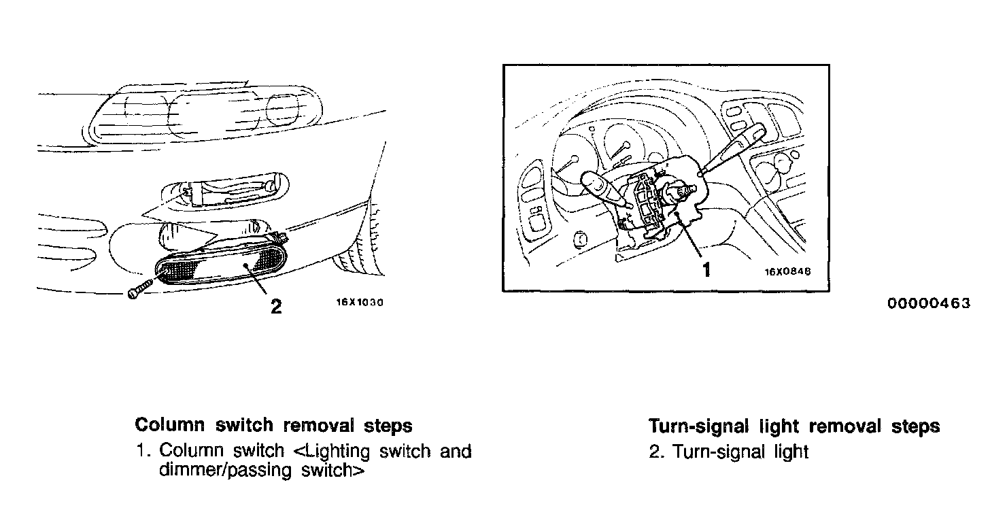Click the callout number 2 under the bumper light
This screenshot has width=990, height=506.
click(x=275, y=307)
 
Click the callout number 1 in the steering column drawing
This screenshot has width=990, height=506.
click(x=706, y=270)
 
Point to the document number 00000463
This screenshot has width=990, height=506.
click(x=928, y=303)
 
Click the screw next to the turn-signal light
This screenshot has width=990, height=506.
click(x=140, y=290)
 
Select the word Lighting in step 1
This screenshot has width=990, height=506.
click(x=336, y=451)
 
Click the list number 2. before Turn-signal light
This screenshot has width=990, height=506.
click(x=657, y=452)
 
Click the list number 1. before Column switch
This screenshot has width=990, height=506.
click(x=143, y=451)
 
